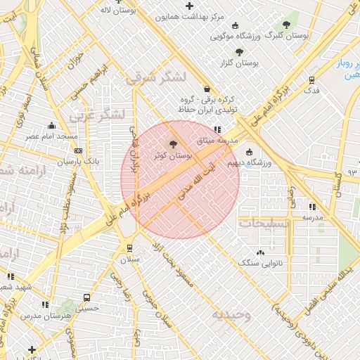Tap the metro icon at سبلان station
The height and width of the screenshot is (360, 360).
[x=129, y=247]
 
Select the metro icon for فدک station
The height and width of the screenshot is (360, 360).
[x=311, y=79]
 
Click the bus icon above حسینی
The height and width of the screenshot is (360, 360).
[x=86, y=297]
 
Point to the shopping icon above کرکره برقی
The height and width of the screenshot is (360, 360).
[x=207, y=89]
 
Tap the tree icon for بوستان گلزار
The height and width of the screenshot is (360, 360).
[x=239, y=51]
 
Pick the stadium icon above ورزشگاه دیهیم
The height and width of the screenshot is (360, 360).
[x=249, y=152]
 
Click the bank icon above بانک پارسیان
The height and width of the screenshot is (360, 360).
[x=78, y=150]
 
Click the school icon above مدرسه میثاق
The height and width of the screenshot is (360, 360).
[x=217, y=129]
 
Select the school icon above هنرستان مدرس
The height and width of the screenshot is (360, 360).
[x=46, y=304]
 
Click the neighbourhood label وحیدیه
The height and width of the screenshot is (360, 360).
[x=233, y=314]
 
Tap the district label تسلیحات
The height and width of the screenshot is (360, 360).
[x=263, y=222]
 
